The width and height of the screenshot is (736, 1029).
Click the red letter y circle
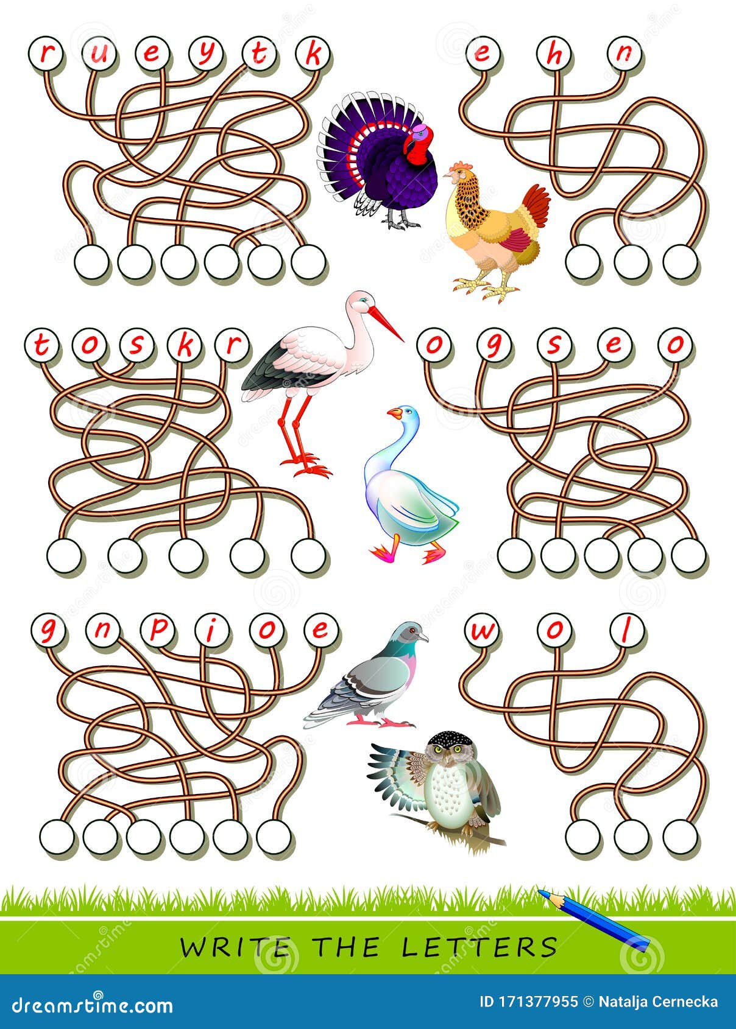pyautogui.click(x=207, y=54)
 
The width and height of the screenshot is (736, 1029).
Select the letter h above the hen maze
pyautogui.click(x=554, y=54)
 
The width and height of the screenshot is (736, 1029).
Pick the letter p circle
pyautogui.click(x=157, y=630)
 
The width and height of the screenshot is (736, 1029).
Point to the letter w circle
pyautogui.click(x=482, y=630)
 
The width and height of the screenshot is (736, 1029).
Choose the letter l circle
pyautogui.click(x=625, y=630)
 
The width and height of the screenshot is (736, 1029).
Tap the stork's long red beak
pyautogui.click(x=386, y=323)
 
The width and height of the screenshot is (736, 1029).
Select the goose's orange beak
pyautogui.click(x=394, y=414)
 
